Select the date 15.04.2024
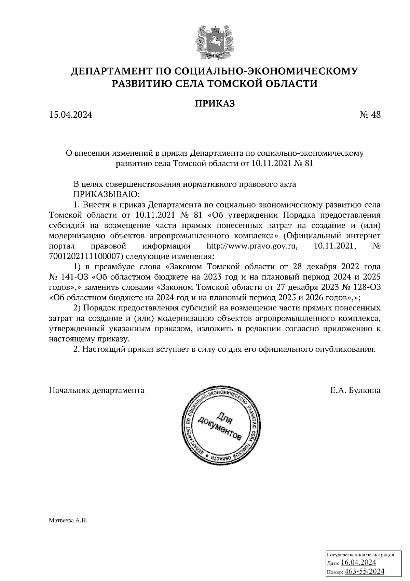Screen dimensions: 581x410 (70, 115)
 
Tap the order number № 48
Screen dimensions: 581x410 (370, 115)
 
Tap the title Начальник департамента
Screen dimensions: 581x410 (97, 390)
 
